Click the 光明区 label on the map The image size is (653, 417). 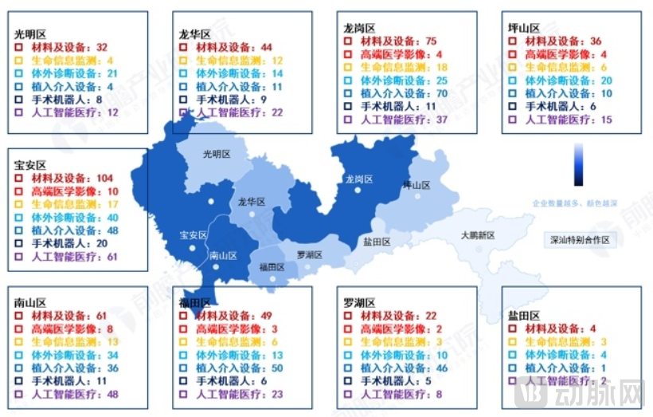coord(216,155)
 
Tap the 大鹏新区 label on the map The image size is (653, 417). coord(478,236)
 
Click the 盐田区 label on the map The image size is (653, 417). coord(377,242)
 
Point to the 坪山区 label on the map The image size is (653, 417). coord(416,185)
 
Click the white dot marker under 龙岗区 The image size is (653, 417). coord(358,191)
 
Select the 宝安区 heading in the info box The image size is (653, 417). coord(30,163)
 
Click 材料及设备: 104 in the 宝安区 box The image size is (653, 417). coord(72,178)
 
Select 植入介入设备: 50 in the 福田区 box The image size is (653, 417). coord(238,368)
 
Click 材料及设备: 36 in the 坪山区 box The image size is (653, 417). coord(562,41)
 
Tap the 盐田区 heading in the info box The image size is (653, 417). coord(524,316)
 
